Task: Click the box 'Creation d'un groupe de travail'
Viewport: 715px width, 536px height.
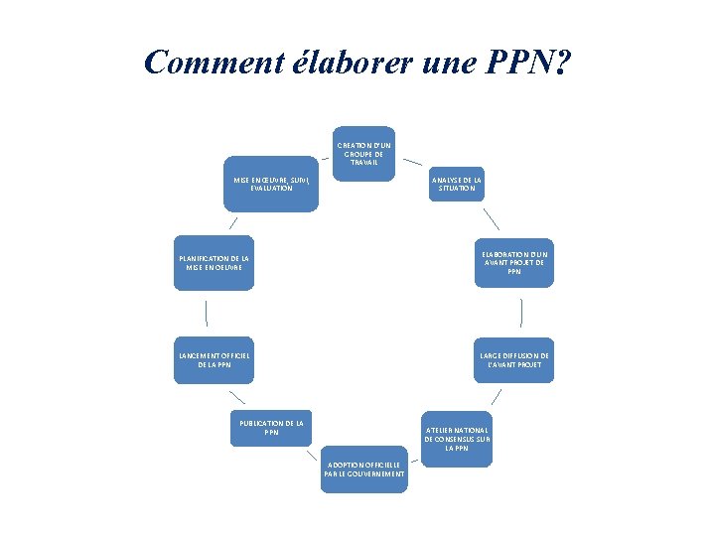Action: pyautogui.click(x=364, y=154)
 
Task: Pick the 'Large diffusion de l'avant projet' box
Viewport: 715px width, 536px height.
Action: pyautogui.click(x=512, y=359)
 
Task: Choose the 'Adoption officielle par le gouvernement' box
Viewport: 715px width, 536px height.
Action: pyautogui.click(x=363, y=469)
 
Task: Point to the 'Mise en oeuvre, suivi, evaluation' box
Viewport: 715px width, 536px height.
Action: pyautogui.click(x=272, y=184)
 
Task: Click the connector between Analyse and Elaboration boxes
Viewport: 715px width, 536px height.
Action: pyautogui.click(x=491, y=219)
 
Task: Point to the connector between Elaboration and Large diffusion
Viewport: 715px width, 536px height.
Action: pyautogui.click(x=520, y=313)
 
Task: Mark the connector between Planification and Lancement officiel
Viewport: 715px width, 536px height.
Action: pyautogui.click(x=206, y=313)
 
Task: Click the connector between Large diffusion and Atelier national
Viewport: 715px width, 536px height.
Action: pyautogui.click(x=496, y=396)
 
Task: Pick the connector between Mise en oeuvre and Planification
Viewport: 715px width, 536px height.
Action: pyautogui.click(x=232, y=223)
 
